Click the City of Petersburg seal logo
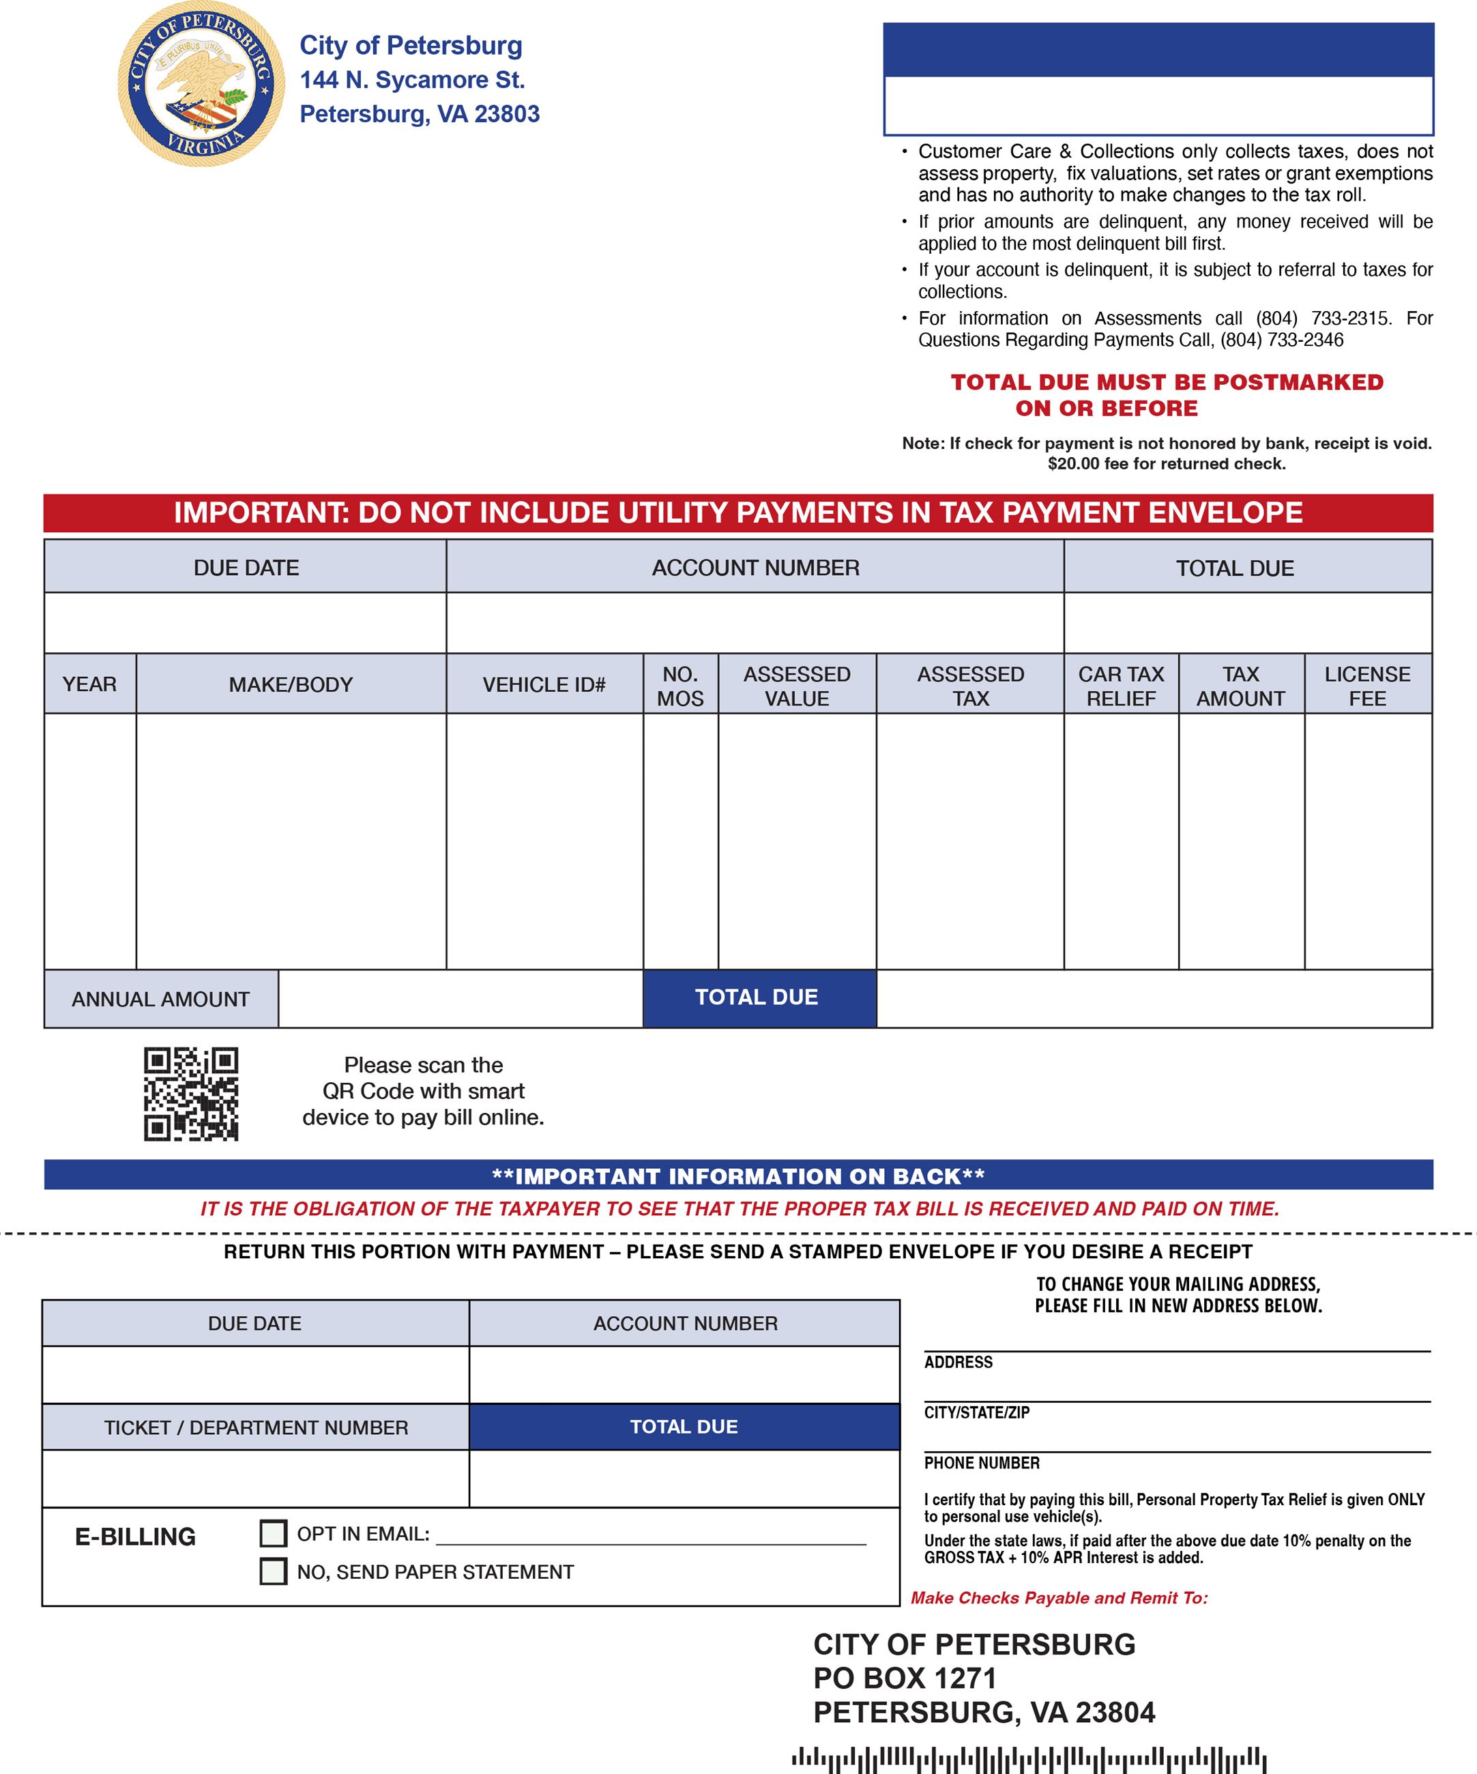pyautogui.click(x=201, y=84)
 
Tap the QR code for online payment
pyautogui.click(x=191, y=1094)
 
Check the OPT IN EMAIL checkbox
pyautogui.click(x=273, y=1533)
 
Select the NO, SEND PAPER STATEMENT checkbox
pyautogui.click(x=273, y=1571)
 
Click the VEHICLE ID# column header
pyautogui.click(x=544, y=684)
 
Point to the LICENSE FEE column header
pyautogui.click(x=1367, y=686)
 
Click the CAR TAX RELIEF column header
pyautogui.click(x=1121, y=686)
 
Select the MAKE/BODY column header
pyautogui.click(x=291, y=684)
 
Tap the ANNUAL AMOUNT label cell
pyautogui.click(x=160, y=1000)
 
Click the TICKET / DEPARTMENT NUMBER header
pyautogui.click(x=256, y=1427)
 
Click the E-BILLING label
pyautogui.click(x=135, y=1537)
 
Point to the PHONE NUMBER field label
pyautogui.click(x=981, y=1463)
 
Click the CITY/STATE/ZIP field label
pyautogui.click(x=976, y=1412)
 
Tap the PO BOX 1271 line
pyautogui.click(x=905, y=1678)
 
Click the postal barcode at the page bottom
pyautogui.click(x=1029, y=1759)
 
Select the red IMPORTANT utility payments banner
pyautogui.click(x=738, y=513)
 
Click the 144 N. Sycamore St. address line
pyautogui.click(x=412, y=81)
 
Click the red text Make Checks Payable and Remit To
pyautogui.click(x=1059, y=1597)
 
